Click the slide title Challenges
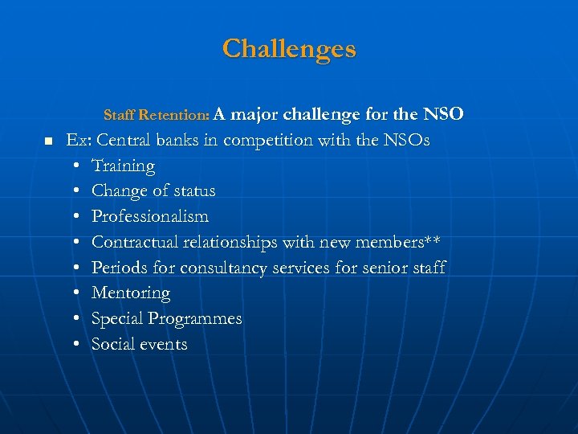[289, 49]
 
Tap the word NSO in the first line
[442, 114]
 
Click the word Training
[123, 166]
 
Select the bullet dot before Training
[75, 166]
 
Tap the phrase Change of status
[153, 191]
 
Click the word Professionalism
[150, 216]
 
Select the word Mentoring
[131, 293]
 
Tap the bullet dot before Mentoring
[75, 293]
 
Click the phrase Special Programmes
[166, 319]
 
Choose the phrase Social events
[140, 344]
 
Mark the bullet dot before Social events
[75, 345]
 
